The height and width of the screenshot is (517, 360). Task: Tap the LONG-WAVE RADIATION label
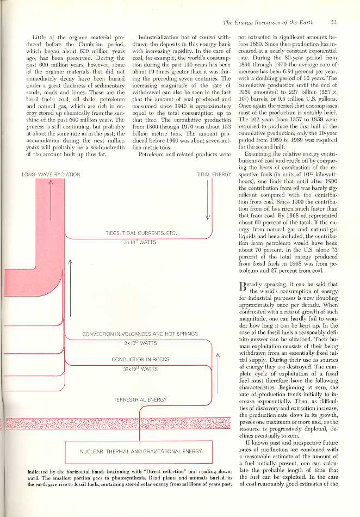(x=51, y=174)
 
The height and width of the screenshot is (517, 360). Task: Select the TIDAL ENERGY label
(x=214, y=174)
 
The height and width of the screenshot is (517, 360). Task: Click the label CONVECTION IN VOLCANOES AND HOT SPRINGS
(x=140, y=334)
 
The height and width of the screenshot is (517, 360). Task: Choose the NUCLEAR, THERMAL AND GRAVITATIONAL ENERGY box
(x=140, y=451)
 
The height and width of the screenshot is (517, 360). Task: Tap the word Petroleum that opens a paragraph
(x=152, y=155)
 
